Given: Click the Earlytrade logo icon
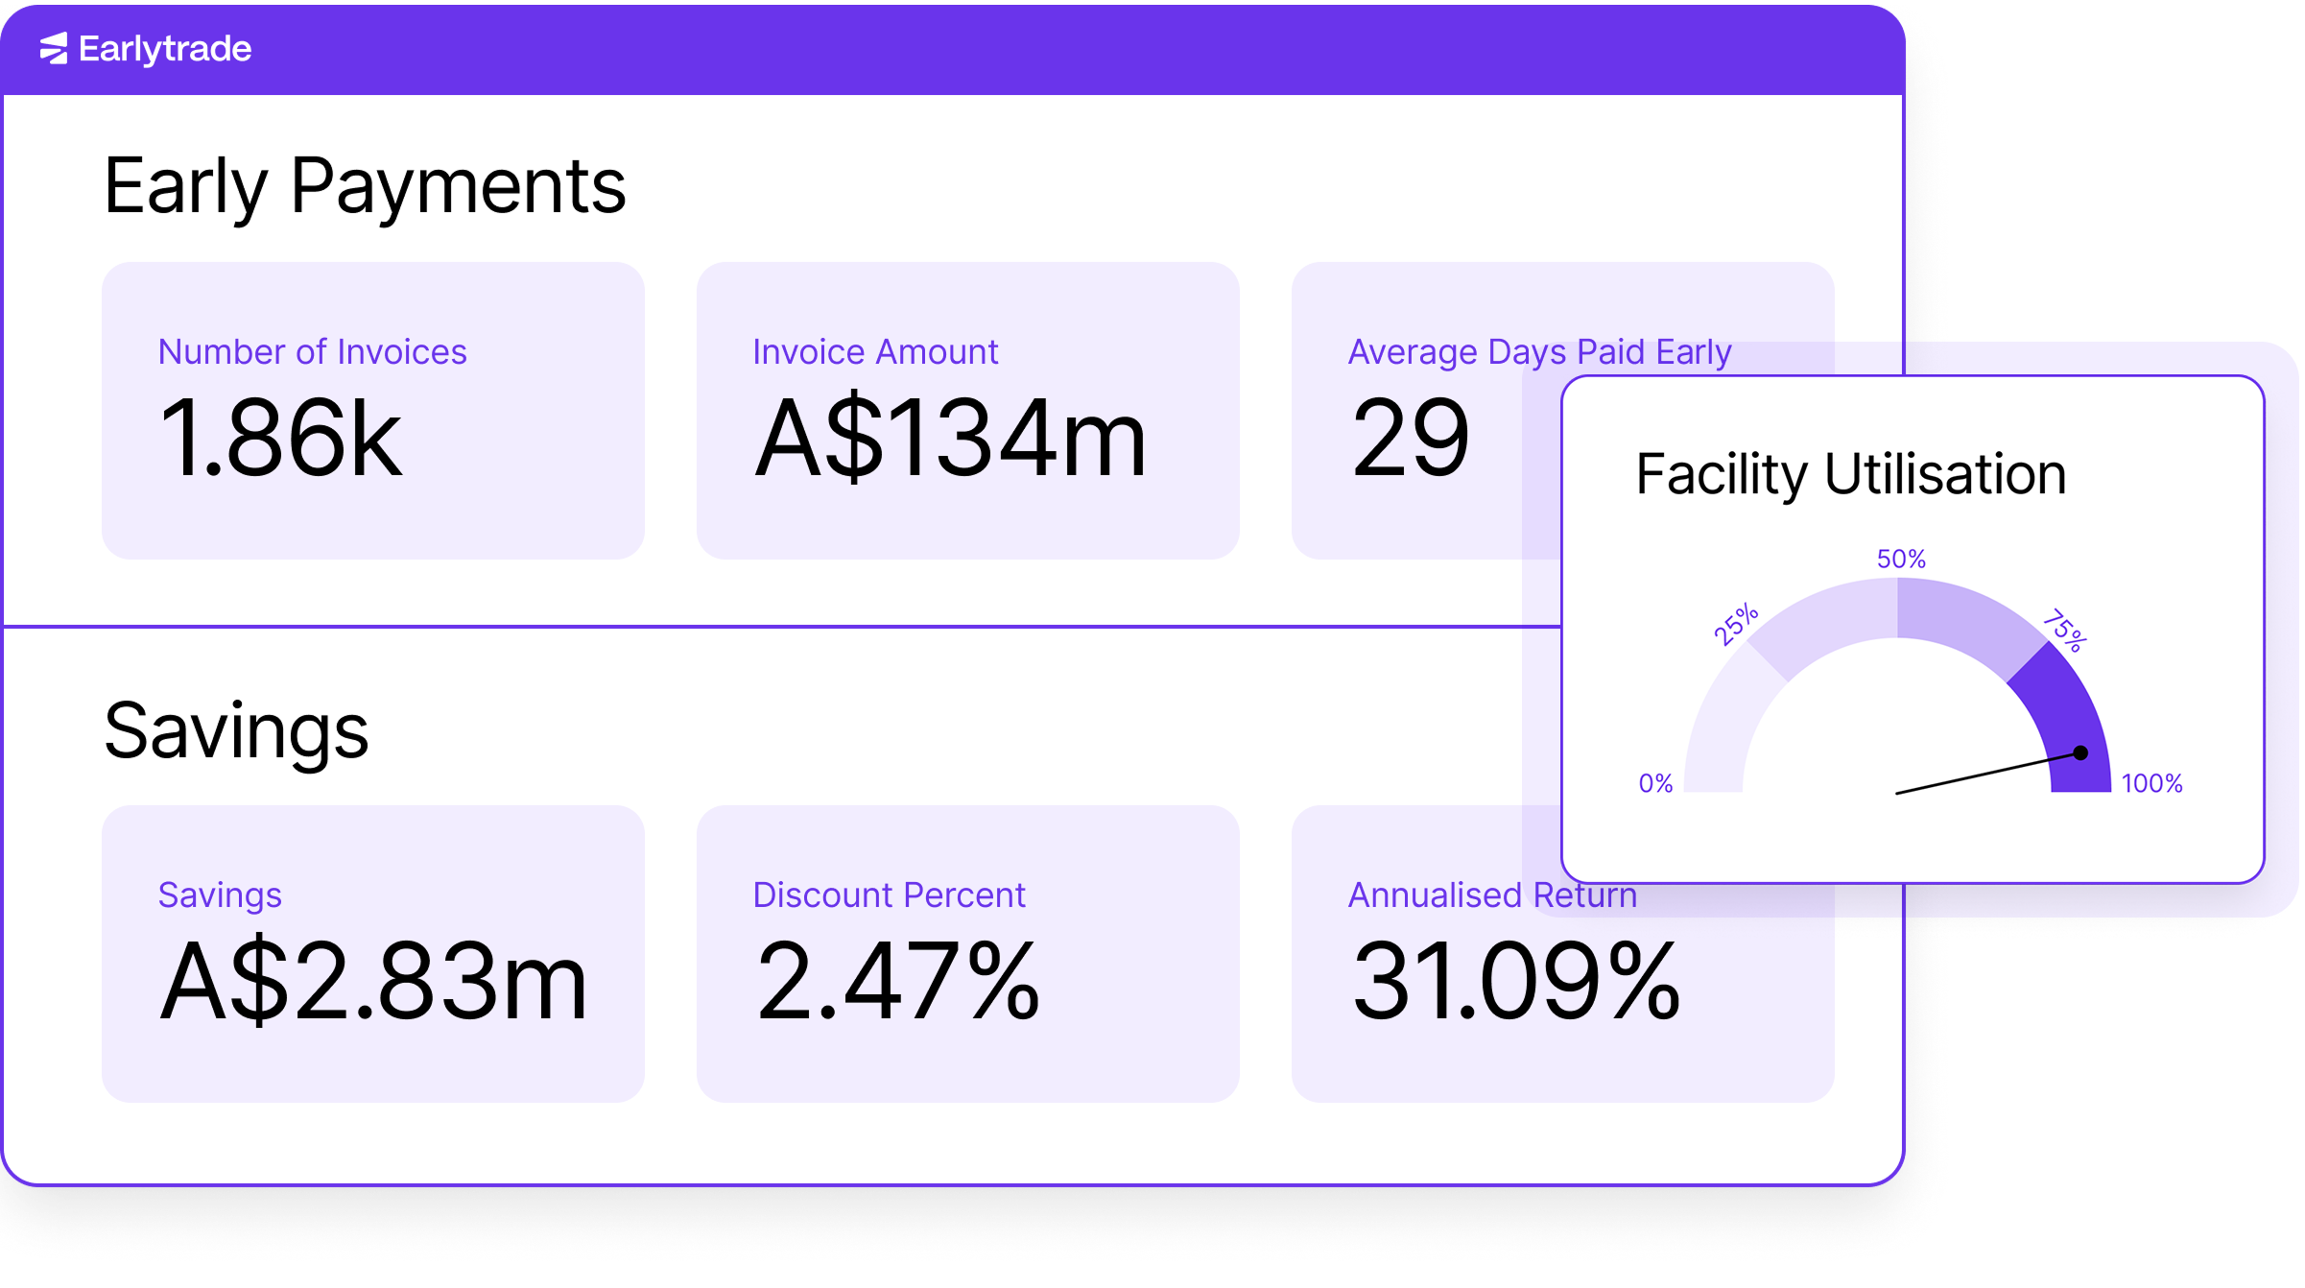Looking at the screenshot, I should point(54,48).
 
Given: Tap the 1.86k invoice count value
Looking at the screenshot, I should point(279,439).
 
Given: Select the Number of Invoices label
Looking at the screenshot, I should point(312,352).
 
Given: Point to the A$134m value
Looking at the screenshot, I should point(950,439).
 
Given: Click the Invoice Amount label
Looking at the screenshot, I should point(875,352).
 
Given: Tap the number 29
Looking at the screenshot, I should point(1410,439).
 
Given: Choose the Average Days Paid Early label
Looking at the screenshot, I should point(1539,352).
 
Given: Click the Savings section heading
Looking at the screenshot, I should point(236,730).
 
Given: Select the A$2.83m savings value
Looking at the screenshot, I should point(373,982).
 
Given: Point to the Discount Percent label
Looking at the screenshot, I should point(889,895).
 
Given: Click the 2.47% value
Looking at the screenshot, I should point(897,982).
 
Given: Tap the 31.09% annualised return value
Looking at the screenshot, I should point(1515,982).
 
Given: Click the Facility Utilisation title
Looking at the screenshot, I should point(1850,474).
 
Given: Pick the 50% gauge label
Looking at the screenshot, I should point(1901,560).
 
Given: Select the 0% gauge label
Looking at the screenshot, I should point(1655,784).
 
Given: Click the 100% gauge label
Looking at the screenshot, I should point(2151,784).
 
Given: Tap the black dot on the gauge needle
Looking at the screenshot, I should point(2080,753).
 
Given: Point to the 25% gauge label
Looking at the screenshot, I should point(1736,625).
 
